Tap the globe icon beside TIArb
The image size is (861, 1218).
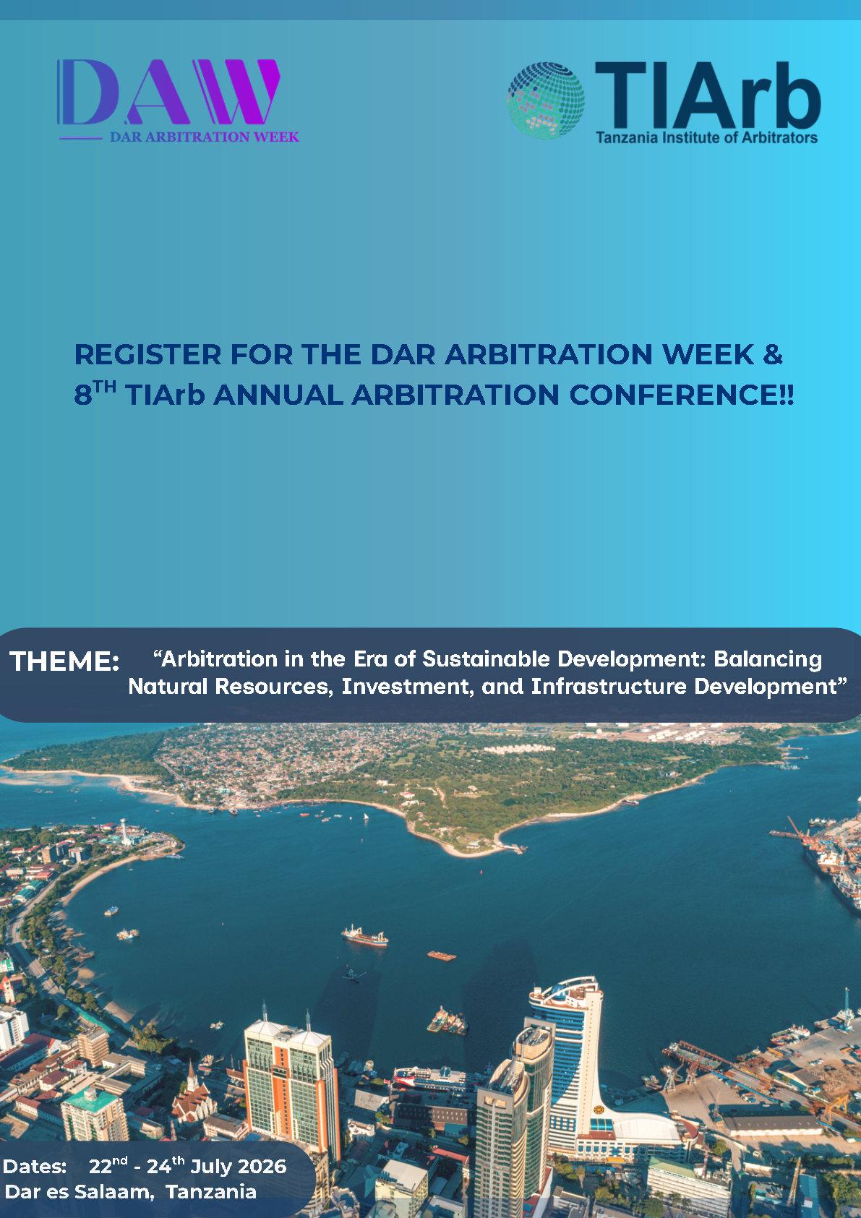(x=546, y=100)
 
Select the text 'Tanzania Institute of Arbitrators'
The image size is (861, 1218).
(x=706, y=137)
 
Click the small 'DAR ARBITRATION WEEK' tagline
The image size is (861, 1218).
(x=205, y=137)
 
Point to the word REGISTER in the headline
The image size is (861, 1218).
(x=148, y=355)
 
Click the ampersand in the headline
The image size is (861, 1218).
(x=772, y=354)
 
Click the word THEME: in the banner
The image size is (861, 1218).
(x=65, y=661)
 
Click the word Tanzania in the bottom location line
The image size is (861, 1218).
(x=211, y=1192)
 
